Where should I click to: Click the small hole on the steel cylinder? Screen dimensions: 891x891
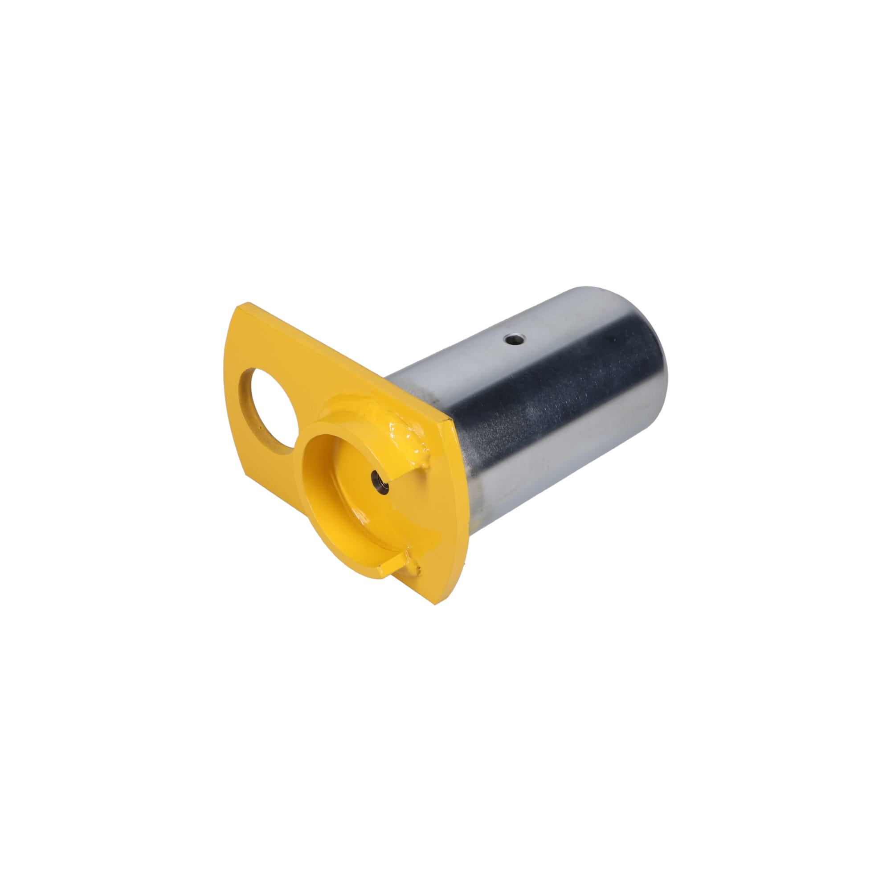pos(513,340)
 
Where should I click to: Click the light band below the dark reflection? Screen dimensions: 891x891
pos(553,461)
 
